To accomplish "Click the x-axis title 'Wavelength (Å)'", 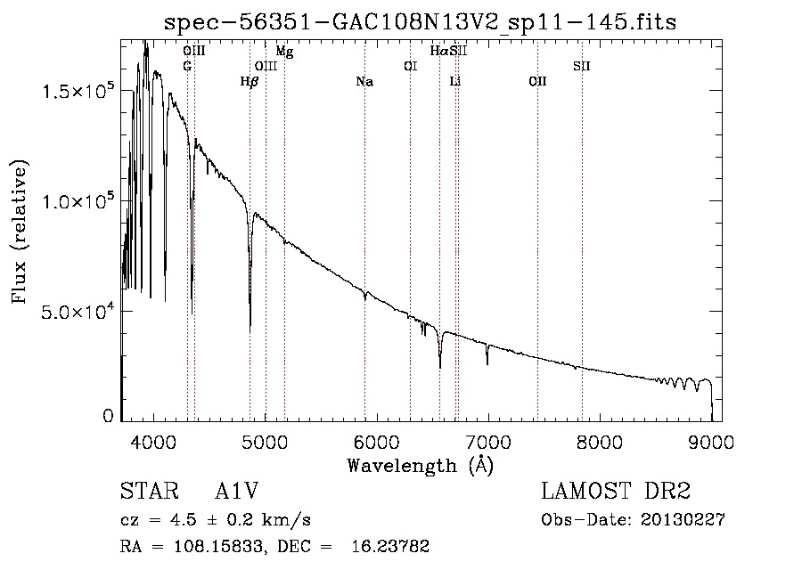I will [420, 465].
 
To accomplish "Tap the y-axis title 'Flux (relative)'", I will [20, 231].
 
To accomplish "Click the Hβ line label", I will [250, 82].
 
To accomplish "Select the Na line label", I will [364, 82].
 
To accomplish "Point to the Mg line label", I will [284, 52].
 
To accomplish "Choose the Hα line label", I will [438, 52].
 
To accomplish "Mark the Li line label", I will [455, 82].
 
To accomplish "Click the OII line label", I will [537, 82].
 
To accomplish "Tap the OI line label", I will [410, 67].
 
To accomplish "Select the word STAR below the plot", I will [143, 493].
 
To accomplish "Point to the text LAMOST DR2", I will [615, 493].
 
